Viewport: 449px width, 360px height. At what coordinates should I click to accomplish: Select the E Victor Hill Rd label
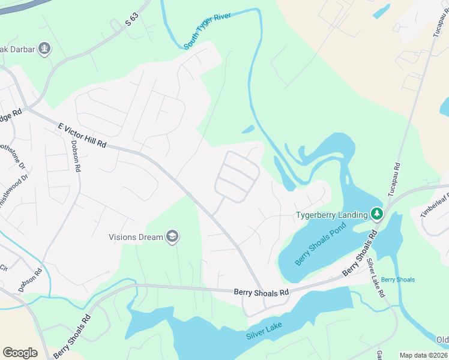[82, 136]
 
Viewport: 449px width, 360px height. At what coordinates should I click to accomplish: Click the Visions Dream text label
[136, 237]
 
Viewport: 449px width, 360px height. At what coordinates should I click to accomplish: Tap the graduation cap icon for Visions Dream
[173, 237]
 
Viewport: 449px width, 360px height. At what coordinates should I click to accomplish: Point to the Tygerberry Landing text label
[331, 215]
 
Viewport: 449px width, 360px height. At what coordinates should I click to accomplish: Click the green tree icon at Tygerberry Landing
[377, 214]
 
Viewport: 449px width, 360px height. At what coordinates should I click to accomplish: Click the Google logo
[20, 353]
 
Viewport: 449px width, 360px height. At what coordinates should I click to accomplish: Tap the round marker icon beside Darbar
[44, 48]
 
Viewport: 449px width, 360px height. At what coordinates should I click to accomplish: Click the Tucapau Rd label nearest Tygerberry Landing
[394, 180]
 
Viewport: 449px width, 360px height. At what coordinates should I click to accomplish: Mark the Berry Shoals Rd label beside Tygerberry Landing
[358, 256]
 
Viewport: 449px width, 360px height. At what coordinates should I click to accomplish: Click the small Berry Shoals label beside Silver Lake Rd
[397, 280]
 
